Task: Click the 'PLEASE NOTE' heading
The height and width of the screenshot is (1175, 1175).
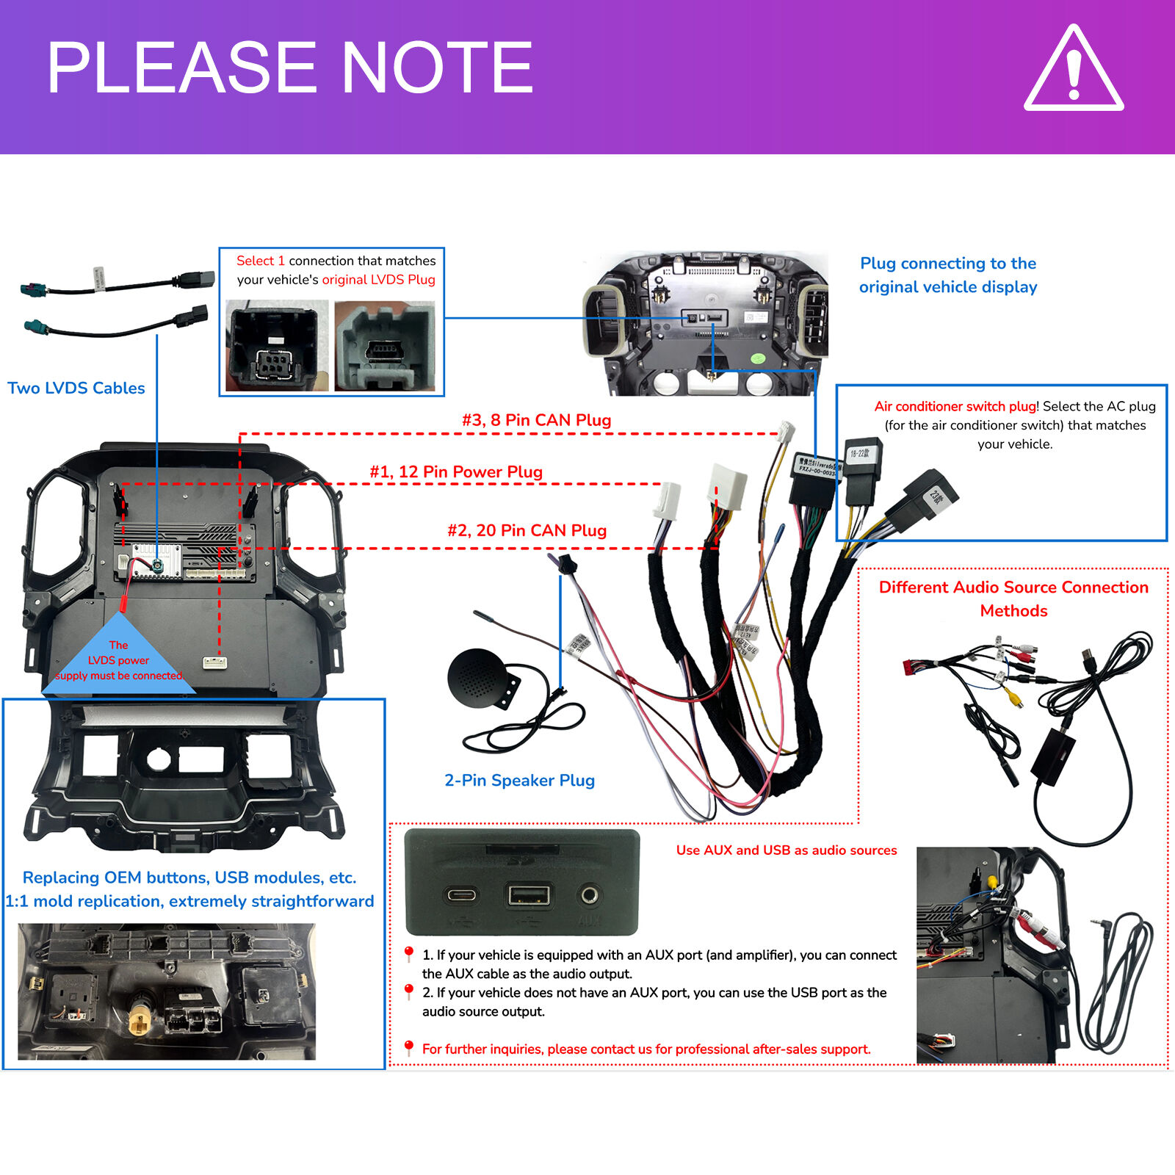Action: coord(290,68)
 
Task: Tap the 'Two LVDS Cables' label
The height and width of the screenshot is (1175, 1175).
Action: coord(76,388)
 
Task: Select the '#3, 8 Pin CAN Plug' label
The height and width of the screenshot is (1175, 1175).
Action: coord(536,420)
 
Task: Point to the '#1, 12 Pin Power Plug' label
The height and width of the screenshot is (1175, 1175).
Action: coord(456,471)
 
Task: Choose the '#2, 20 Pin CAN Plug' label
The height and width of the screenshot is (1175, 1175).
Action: coord(527,530)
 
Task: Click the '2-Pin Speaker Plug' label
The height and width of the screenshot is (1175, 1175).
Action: coord(519,780)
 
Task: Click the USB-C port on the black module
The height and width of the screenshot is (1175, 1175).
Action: coord(462,894)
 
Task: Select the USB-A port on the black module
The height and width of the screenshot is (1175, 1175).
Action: coord(529,894)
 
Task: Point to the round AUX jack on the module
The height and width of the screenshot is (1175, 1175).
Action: coord(589,894)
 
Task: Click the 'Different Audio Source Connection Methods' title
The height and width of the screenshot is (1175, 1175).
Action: coord(1013,599)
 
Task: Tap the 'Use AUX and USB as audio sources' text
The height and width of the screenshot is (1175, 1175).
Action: coord(786,850)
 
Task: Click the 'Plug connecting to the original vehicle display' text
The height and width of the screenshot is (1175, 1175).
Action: coord(948,275)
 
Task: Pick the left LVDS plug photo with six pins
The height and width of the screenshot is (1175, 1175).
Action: coord(276,345)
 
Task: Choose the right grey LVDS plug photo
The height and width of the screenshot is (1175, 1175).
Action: coord(385,345)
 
